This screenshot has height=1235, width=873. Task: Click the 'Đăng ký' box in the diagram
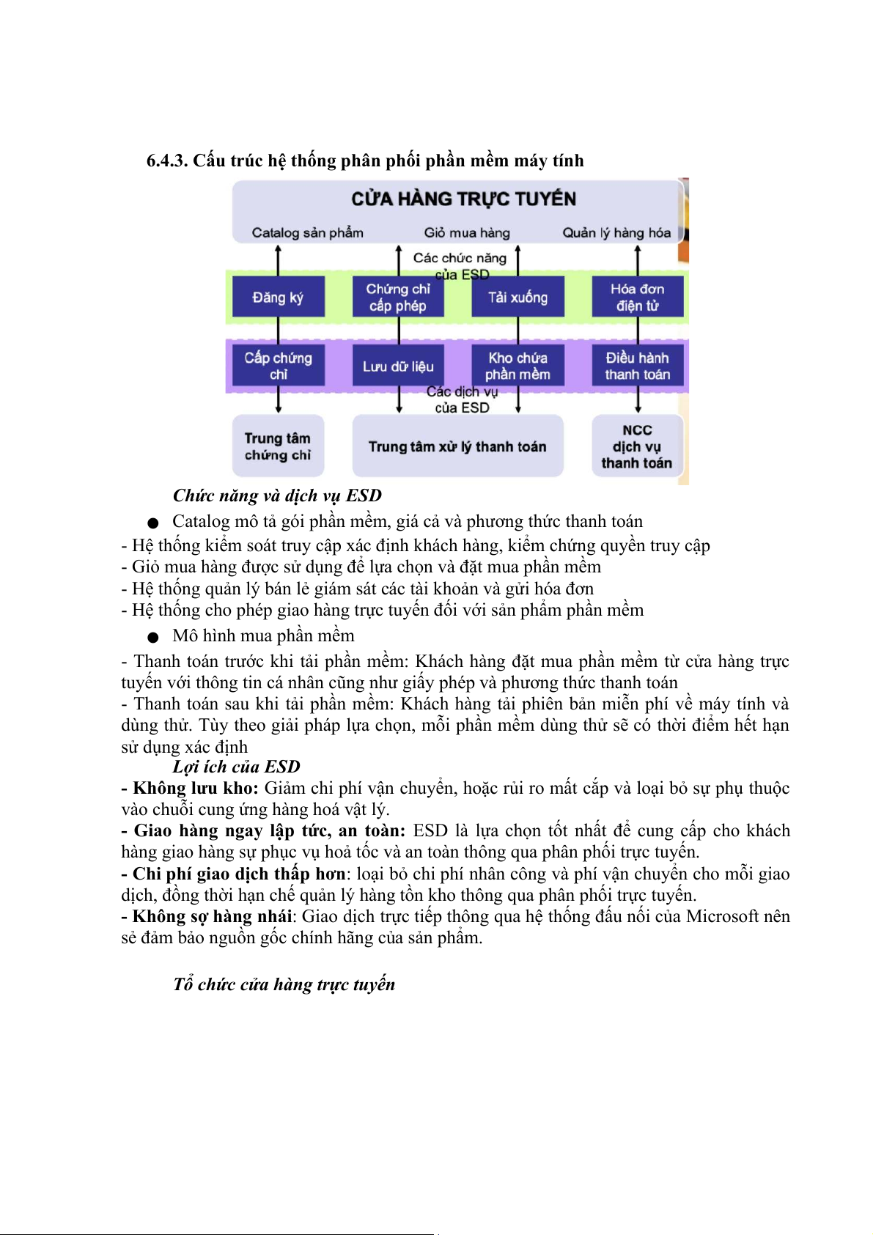tap(279, 297)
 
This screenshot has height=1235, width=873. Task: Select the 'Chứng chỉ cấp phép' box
tap(398, 297)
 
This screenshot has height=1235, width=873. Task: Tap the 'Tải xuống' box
tap(517, 297)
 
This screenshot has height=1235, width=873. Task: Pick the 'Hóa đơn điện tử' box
tap(637, 297)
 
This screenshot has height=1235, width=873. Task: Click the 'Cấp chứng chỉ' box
tap(279, 365)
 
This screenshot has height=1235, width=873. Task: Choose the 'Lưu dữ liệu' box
tap(398, 366)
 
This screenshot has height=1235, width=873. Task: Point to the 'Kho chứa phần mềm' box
tap(517, 365)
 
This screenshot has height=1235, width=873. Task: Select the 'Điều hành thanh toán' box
tap(637, 365)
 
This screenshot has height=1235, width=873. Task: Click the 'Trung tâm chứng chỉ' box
tap(278, 446)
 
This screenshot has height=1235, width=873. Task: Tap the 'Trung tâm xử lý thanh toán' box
tap(457, 446)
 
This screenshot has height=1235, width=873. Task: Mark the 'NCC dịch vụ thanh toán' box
tap(637, 446)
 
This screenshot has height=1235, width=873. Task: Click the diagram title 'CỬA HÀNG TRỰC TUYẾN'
tap(463, 199)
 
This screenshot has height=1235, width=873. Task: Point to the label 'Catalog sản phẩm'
tap(307, 232)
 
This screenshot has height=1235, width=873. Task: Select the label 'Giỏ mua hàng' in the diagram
tap(467, 232)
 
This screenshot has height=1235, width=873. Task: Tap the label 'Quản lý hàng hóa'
tap(616, 232)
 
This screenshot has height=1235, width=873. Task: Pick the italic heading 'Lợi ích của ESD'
tap(236, 767)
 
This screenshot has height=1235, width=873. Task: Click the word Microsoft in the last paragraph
tap(723, 916)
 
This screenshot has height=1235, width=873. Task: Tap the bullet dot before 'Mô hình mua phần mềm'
tap(152, 637)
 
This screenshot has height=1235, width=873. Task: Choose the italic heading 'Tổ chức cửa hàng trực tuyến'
tap(284, 984)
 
